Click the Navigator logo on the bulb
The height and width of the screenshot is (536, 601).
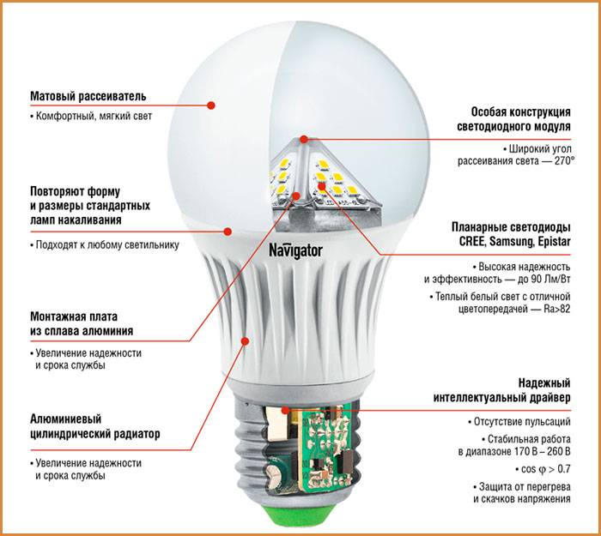pos(295,251)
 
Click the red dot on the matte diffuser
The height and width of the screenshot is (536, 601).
pos(211,105)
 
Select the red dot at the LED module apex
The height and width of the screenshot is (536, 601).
pos(304,139)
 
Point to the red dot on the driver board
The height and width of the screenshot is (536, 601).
pos(285,410)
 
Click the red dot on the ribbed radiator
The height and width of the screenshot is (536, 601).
pos(245,340)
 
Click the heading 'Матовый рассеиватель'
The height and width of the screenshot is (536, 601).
pos(88,96)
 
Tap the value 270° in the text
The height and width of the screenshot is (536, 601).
pos(565,161)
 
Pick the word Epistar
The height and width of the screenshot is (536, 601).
pos(555,242)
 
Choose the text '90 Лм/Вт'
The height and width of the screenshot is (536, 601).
pos(551,279)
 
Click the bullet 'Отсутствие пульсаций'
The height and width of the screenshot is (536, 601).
pos(519,422)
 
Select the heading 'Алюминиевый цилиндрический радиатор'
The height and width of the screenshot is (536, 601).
pos(95,426)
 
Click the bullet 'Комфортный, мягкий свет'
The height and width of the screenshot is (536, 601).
pos(91,116)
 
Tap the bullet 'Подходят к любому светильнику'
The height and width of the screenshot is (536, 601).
pos(105,245)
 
